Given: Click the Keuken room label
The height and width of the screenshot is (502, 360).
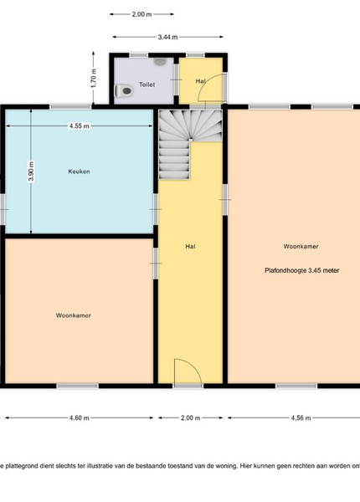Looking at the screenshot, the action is tap(79, 172).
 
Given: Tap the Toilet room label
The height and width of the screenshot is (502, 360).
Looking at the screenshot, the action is tap(147, 85).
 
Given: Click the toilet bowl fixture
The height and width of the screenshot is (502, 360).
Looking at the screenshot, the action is tap(124, 91).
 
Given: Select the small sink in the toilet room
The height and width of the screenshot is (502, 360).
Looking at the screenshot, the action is tap(160, 61).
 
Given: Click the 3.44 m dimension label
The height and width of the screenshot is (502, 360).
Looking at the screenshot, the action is tap(167, 37).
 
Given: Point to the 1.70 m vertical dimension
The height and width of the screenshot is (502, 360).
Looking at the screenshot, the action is tap(94, 79).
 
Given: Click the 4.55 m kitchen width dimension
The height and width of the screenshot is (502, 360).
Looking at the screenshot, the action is tap(80, 126).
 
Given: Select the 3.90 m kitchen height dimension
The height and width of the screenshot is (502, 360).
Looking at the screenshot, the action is tap(31, 172).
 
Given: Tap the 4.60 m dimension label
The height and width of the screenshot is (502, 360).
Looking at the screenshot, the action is tap(80, 417).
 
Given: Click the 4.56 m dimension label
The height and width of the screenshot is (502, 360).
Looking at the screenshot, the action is tap(301, 417).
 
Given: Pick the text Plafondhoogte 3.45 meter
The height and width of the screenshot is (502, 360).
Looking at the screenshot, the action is tap(302, 270).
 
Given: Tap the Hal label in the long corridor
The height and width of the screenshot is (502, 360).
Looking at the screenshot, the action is tap(190, 246).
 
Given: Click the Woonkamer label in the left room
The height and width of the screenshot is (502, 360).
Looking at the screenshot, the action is tap(74, 315).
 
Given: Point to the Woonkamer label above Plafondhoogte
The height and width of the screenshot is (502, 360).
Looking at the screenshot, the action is tap(301, 246).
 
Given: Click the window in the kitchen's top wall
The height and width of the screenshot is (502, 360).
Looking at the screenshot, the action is tap(70, 106).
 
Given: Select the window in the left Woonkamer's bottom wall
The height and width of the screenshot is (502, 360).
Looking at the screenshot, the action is tap(78, 386).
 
